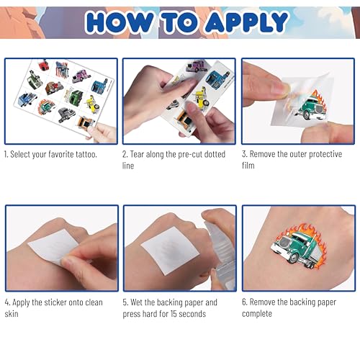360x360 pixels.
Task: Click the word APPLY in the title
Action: point(246,22)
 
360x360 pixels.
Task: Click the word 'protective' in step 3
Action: point(325,154)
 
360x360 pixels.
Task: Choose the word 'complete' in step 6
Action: point(257,314)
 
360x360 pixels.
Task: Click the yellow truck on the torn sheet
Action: point(201,99)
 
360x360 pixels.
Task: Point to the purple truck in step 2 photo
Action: point(197,66)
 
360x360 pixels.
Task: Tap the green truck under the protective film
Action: point(311,107)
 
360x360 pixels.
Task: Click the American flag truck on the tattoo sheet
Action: point(62,68)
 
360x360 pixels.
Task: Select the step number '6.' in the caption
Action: point(244,302)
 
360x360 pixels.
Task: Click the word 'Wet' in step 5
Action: point(136,302)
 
